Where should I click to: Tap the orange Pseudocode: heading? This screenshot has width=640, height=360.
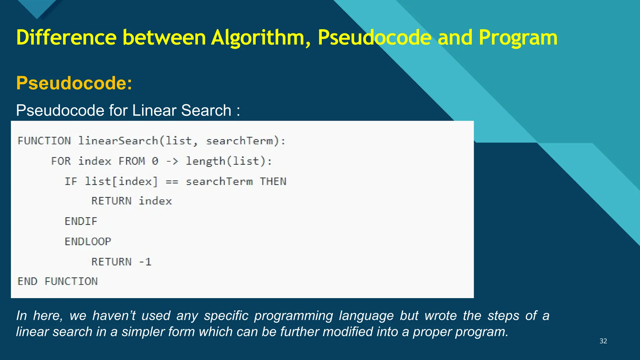tap(74, 83)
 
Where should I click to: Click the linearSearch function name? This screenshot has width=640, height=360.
tap(118, 141)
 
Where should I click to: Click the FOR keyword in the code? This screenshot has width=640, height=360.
tap(61, 161)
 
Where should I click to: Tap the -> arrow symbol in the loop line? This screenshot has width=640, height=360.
tap(172, 161)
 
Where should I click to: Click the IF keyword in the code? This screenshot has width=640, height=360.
tap(71, 181)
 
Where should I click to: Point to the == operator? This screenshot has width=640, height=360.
tap(172, 181)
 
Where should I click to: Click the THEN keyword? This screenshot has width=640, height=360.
tap(273, 181)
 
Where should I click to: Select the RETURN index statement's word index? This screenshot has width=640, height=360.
tap(155, 201)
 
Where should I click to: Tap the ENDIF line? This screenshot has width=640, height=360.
tap(81, 221)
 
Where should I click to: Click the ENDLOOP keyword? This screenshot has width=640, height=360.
tap(88, 242)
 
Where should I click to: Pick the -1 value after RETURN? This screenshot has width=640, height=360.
tap(145, 262)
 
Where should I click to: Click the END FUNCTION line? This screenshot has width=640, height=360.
tap(57, 281)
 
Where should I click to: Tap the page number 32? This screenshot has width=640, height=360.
tap(603, 341)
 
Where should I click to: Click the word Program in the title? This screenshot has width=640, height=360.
tap(518, 38)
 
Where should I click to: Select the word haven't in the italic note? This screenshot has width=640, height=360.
tap(114, 316)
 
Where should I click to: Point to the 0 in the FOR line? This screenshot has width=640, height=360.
tap(155, 161)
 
